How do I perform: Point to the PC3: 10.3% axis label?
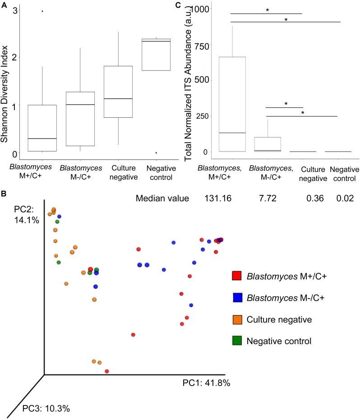46,409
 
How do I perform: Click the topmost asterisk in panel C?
267,10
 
